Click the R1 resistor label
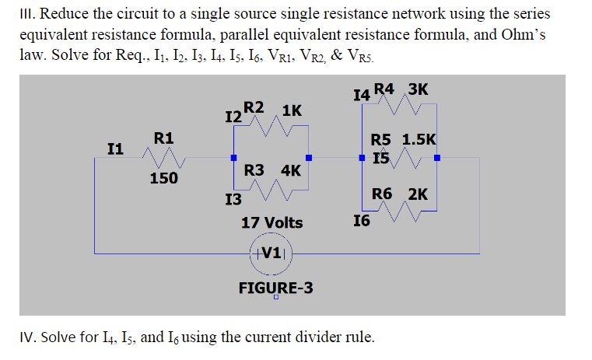tap(163, 138)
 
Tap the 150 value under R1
tap(163, 179)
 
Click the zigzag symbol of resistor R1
tap(163, 159)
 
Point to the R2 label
tap(254, 108)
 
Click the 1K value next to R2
tap(292, 110)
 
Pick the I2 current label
tap(232, 117)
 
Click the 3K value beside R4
tap(417, 89)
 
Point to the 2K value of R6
tap(417, 194)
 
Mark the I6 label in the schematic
tap(362, 222)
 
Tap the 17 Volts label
tap(272, 223)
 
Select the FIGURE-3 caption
tap(275, 288)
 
